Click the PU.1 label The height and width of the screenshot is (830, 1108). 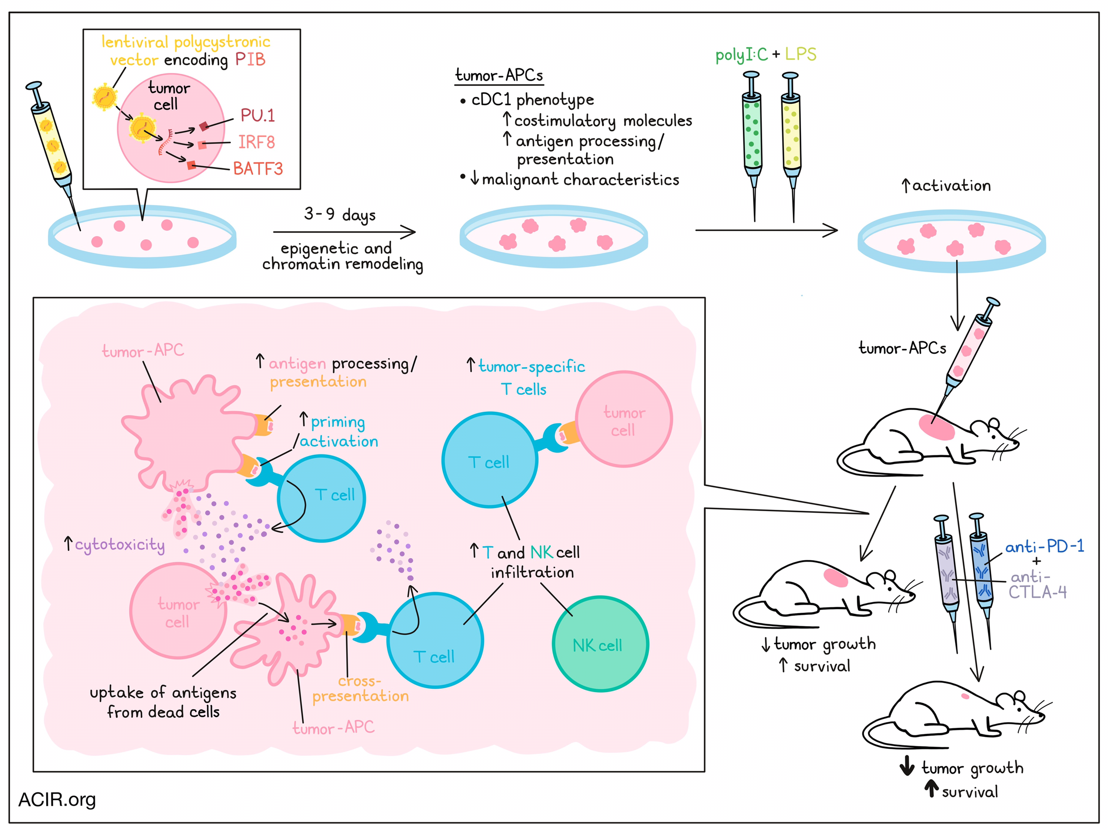[258, 116]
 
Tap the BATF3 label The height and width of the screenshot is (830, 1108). [258, 169]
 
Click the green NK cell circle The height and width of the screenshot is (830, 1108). [600, 644]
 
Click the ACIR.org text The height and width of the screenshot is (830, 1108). [57, 800]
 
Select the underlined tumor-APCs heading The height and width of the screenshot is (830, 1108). [499, 76]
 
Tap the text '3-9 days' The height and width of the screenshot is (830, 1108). [340, 215]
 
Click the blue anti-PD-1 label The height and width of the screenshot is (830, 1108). [1044, 546]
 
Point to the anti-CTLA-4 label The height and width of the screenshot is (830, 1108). [1036, 585]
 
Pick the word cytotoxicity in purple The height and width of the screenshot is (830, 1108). [120, 545]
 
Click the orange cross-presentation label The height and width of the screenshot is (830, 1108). [360, 689]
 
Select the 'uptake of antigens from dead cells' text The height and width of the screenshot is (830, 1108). [163, 702]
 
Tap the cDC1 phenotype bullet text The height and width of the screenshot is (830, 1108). [532, 100]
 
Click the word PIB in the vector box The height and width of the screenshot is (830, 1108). [250, 60]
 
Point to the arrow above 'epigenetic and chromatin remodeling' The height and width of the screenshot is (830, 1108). [344, 232]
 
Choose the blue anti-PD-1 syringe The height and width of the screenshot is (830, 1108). [981, 571]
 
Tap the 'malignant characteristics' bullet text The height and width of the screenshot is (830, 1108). [580, 179]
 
